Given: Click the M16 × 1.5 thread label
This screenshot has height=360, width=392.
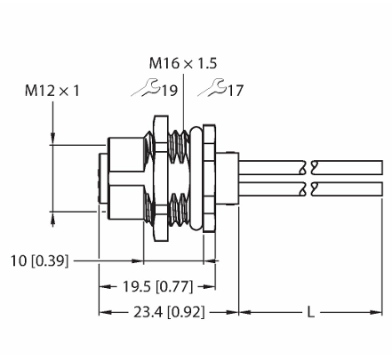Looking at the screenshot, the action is pos(183,63).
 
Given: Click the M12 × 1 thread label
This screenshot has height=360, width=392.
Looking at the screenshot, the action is pos(52,91).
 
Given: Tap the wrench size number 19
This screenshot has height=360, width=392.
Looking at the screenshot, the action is pos(169,90).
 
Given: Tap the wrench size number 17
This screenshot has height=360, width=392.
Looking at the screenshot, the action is pos(236,90).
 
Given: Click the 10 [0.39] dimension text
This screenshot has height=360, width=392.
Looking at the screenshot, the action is pos(39,260).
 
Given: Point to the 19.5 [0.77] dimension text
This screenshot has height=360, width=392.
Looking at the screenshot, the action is pos(157,286).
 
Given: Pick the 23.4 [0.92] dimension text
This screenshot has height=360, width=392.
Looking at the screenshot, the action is pos(169,312).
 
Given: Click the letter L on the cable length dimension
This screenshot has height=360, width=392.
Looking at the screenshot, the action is pos(310,312).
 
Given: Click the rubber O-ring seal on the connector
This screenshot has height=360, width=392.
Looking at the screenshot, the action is pos(196,179).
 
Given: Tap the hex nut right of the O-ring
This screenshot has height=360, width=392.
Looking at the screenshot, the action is pos(209,179).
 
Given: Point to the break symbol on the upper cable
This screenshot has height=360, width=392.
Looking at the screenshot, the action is pos(308,167).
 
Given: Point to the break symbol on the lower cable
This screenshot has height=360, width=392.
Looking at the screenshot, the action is pos(308,188).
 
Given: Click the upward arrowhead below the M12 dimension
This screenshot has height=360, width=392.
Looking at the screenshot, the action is pos(53,219).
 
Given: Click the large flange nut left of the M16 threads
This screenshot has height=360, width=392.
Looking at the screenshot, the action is pos(160,179).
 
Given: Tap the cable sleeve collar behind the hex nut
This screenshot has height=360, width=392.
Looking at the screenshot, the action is pos(228,179).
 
